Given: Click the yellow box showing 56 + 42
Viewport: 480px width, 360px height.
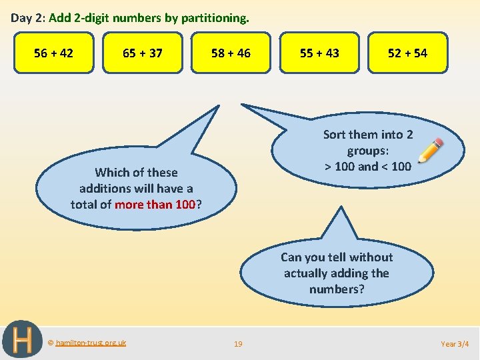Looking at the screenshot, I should pos(53,53).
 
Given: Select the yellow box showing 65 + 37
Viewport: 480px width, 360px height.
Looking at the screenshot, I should pos(142,53).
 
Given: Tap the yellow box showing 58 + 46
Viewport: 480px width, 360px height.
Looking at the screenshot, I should pos(231,53).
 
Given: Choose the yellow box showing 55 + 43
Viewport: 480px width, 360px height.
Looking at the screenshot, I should pos(319,53).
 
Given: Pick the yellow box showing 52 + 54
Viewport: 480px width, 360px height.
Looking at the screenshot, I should pos(407,53).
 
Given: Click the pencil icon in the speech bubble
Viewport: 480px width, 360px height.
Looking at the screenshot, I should pos(430,151).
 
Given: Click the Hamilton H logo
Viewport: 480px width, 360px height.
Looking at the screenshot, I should pos(22,340).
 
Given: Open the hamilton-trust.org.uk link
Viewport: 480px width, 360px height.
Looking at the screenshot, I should pos(91,343).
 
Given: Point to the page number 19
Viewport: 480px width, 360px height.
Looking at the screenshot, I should pos(238,344).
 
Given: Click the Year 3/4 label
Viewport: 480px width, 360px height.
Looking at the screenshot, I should pos(455,344).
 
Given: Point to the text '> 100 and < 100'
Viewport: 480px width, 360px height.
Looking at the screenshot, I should pos(367,167).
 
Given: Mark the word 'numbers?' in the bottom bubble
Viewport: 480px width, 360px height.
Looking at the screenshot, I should pos(337,289).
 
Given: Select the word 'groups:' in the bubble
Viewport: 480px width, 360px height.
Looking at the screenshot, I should pos(368,151).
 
